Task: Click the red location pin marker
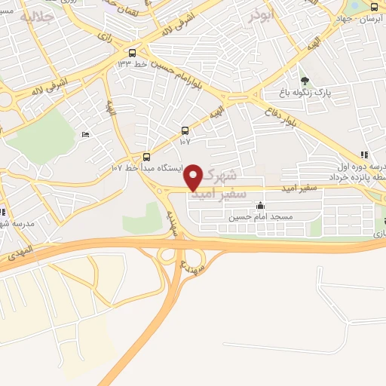194,177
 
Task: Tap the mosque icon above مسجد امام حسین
261,205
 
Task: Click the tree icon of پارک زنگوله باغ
305,81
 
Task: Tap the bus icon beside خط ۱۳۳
133,53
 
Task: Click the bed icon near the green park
85,133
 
